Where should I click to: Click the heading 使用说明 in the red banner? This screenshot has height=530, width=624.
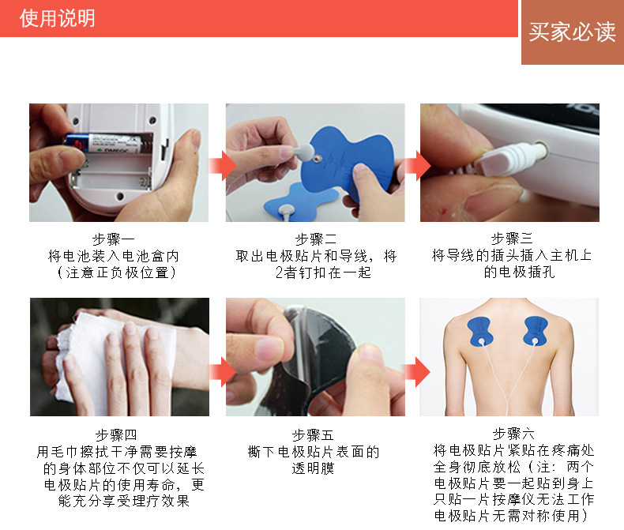pyautogui.click(x=58, y=18)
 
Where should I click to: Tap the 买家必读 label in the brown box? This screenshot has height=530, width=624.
pyautogui.click(x=572, y=32)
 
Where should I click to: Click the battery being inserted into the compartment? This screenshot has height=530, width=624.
pyautogui.click(x=103, y=144)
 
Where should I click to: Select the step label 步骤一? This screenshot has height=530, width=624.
pyautogui.click(x=114, y=239)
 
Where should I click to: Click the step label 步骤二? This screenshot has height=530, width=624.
pyautogui.click(x=316, y=239)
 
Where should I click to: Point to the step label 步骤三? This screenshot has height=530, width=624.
pyautogui.click(x=512, y=239)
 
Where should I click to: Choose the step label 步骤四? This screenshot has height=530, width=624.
pyautogui.click(x=116, y=435)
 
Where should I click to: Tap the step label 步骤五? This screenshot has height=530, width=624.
pyautogui.click(x=313, y=435)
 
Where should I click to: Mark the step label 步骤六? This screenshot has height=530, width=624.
pyautogui.click(x=513, y=434)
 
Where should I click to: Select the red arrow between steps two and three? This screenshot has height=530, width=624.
pyautogui.click(x=418, y=166)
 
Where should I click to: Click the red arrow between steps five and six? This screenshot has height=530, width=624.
pyautogui.click(x=417, y=372)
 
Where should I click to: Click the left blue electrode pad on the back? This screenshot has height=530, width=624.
pyautogui.click(x=480, y=331)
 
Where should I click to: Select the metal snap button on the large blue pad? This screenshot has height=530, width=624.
pyautogui.click(x=317, y=160)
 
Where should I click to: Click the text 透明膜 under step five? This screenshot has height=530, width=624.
pyautogui.click(x=313, y=468)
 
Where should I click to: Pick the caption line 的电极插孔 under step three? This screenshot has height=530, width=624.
pyautogui.click(x=519, y=273)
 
